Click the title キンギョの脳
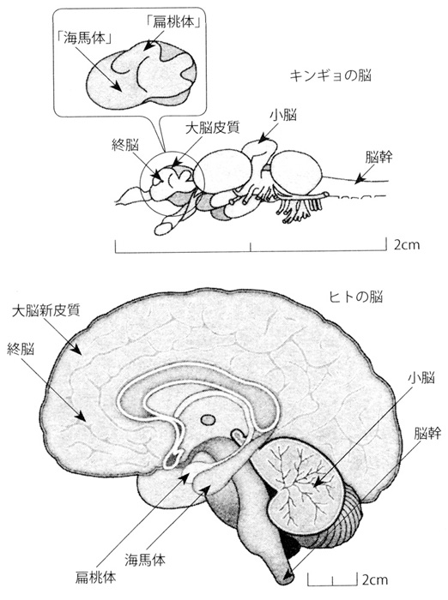point(330,75)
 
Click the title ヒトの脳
point(357,297)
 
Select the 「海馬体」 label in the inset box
point(82,39)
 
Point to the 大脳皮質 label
point(212,128)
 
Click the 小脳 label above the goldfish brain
point(283,115)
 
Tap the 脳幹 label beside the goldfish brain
point(378,157)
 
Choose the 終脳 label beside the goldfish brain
point(125,145)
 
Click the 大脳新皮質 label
point(46,310)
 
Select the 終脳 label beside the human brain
point(21,349)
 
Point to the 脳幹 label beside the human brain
point(427,433)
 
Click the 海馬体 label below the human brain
point(145,560)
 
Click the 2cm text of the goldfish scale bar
point(407,244)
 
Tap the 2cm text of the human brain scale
point(375,579)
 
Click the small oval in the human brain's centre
point(208,420)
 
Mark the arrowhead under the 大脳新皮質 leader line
point(76,349)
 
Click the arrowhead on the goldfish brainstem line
point(359,179)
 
